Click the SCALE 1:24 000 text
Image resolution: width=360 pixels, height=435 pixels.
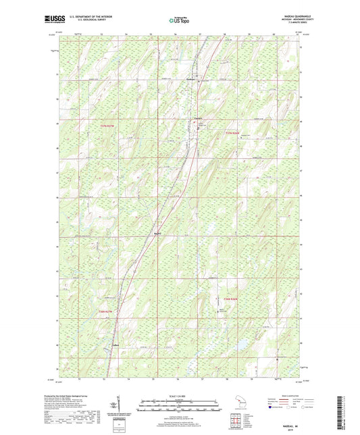click(x=180, y=395)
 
